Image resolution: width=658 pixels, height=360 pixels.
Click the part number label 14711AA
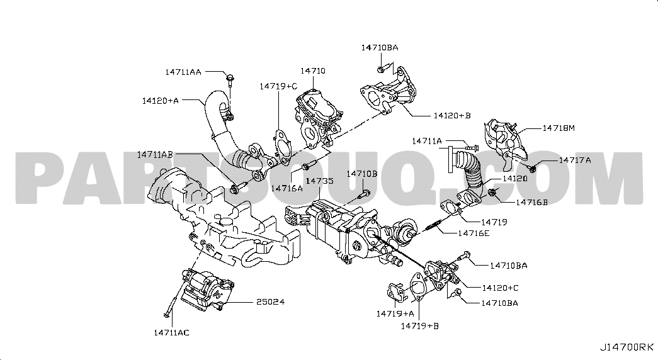[x=183, y=72]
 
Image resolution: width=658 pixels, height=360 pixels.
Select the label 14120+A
[x=160, y=100]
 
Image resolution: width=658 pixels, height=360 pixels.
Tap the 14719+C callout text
[x=278, y=86]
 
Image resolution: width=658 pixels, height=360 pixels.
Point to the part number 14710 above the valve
[x=312, y=71]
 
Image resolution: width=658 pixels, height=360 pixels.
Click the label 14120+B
[x=451, y=116]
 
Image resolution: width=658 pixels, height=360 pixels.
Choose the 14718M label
[x=559, y=128]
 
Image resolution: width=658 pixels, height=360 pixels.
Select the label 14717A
[x=575, y=160]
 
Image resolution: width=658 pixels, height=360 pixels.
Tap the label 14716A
[x=287, y=188]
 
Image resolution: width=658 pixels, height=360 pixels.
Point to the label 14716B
[x=531, y=202]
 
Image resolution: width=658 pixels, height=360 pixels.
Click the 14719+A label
[x=395, y=313]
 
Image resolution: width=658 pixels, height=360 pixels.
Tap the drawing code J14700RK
[x=627, y=347]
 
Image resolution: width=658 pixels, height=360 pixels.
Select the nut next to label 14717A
[x=533, y=167]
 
